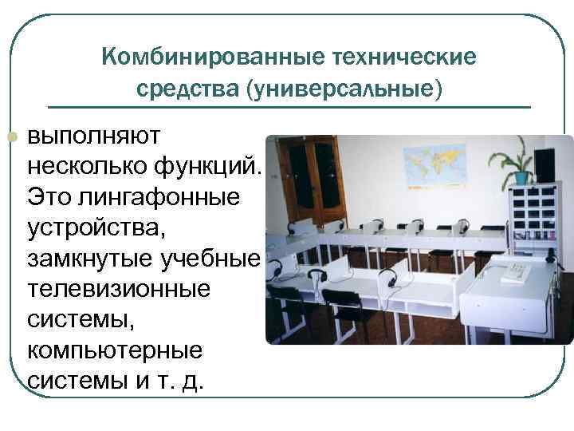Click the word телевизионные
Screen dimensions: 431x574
tap(119, 287)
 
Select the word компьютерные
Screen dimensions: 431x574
tap(116, 350)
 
